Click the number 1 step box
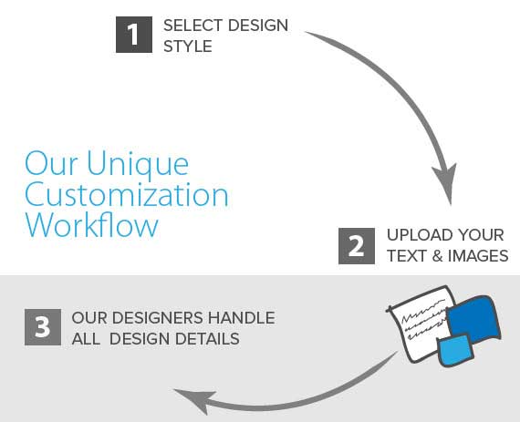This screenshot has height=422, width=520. [134, 35]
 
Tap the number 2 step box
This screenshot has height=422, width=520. [357, 246]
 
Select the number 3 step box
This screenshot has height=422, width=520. [43, 327]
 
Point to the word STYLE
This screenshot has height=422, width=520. [188, 46]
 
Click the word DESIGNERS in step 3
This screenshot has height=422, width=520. [157, 318]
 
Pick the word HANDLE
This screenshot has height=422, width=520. [242, 318]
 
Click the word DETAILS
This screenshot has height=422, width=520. [207, 339]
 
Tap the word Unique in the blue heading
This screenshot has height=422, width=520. [138, 164]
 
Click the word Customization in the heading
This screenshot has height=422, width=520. [127, 195]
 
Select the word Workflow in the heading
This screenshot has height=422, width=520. [92, 225]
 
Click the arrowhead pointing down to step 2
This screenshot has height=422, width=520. [446, 181]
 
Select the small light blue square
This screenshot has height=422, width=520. [455, 350]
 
